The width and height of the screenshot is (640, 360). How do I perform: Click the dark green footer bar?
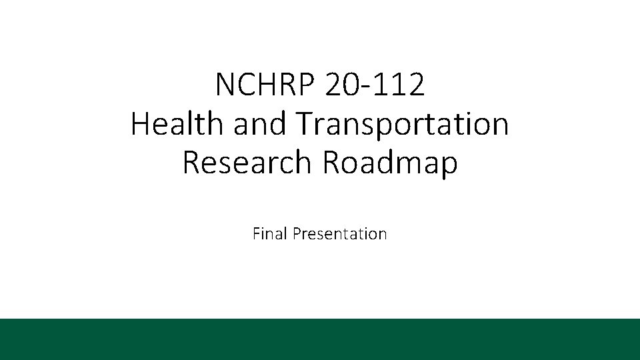click(x=320, y=339)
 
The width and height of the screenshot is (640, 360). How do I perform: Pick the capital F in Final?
click(x=257, y=234)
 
